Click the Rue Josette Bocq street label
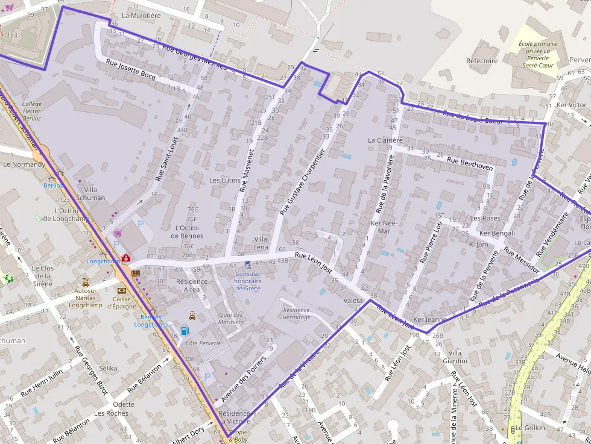130,70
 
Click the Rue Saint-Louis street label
167,158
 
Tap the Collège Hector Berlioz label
31,111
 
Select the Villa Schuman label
90,193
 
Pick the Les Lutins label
224,180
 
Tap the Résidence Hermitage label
296,313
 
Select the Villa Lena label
261,243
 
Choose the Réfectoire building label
482,61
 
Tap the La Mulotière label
142,16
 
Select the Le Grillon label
529,428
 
